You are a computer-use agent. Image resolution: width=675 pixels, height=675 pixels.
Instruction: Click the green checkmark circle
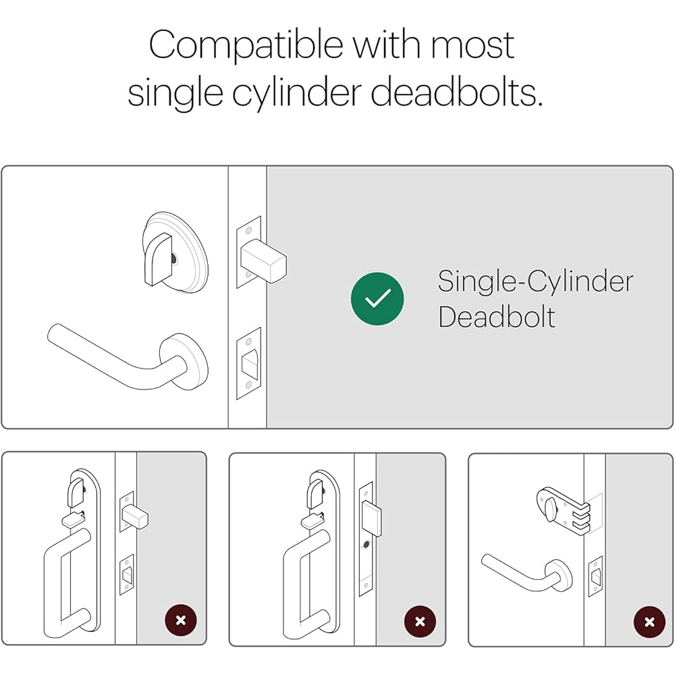[377, 298]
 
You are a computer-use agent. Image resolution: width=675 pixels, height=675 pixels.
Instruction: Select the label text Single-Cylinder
[535, 281]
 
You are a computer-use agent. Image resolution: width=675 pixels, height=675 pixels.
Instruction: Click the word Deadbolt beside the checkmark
[496, 317]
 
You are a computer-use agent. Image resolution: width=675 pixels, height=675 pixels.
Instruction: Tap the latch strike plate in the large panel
[248, 363]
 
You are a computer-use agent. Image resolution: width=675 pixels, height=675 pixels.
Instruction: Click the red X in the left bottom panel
[181, 620]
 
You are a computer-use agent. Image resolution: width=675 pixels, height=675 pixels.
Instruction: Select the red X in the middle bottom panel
[420, 622]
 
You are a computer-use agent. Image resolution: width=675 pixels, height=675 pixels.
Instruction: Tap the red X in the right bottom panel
[649, 622]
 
